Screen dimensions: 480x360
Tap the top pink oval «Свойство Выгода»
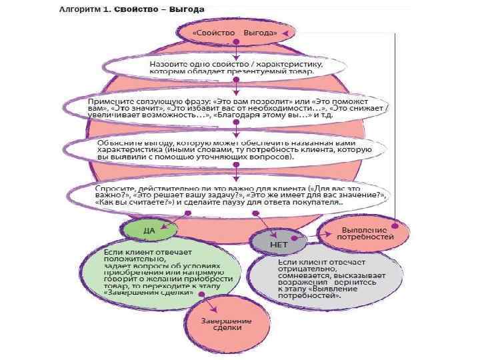point(234,33)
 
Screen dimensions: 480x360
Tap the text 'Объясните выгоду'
point(137,143)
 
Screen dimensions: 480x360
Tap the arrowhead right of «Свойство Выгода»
point(283,33)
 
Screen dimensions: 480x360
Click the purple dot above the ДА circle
point(187,213)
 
